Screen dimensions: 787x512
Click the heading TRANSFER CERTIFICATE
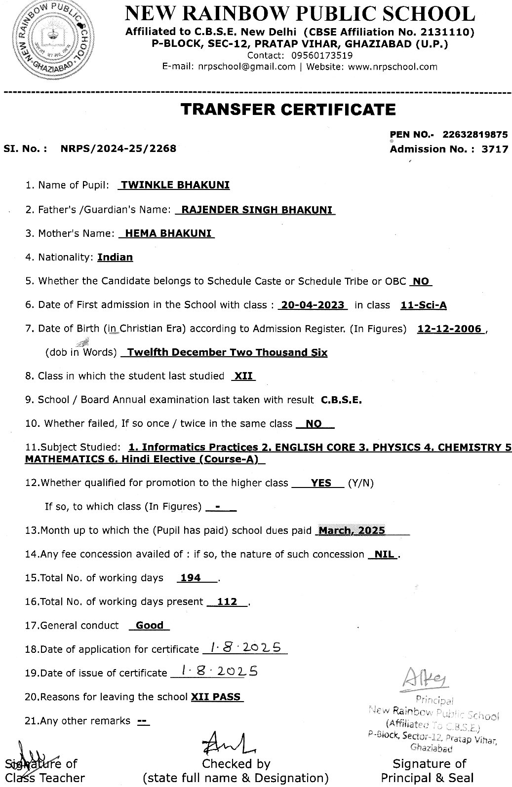point(288,109)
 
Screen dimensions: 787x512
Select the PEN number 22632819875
point(475,134)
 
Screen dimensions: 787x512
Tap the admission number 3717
point(495,149)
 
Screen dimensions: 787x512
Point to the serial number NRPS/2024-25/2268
point(118,148)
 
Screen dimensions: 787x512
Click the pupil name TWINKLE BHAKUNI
point(175,185)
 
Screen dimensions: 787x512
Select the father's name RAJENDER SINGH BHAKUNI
point(256,209)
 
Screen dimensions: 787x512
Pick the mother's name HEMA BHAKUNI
point(168,233)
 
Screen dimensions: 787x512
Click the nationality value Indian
point(115,257)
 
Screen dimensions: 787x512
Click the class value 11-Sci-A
point(424,305)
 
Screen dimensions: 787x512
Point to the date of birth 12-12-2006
point(449,329)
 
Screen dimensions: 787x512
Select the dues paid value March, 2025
point(352,531)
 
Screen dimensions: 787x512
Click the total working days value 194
point(191,578)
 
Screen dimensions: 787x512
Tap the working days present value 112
point(227,601)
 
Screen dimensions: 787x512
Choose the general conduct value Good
point(150,625)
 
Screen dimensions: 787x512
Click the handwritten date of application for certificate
point(244,647)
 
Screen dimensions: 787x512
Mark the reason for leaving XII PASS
point(217,697)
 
